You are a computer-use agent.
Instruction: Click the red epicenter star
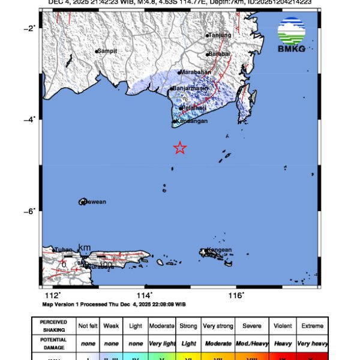[179, 148]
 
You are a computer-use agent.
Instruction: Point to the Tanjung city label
[220, 35]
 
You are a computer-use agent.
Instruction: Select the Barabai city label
[218, 55]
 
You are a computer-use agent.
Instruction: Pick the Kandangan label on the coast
[192, 121]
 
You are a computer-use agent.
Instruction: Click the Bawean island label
[94, 202]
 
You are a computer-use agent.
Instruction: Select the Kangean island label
[220, 250]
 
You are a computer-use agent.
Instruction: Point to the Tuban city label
[64, 250]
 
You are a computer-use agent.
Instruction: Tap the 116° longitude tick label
[236, 295]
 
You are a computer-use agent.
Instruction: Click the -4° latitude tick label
[29, 119]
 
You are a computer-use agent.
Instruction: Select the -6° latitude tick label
[29, 210]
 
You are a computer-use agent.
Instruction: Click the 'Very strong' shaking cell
[217, 326]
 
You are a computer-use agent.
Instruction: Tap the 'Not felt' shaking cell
[88, 326]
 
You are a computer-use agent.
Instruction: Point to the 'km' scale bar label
[84, 248]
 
